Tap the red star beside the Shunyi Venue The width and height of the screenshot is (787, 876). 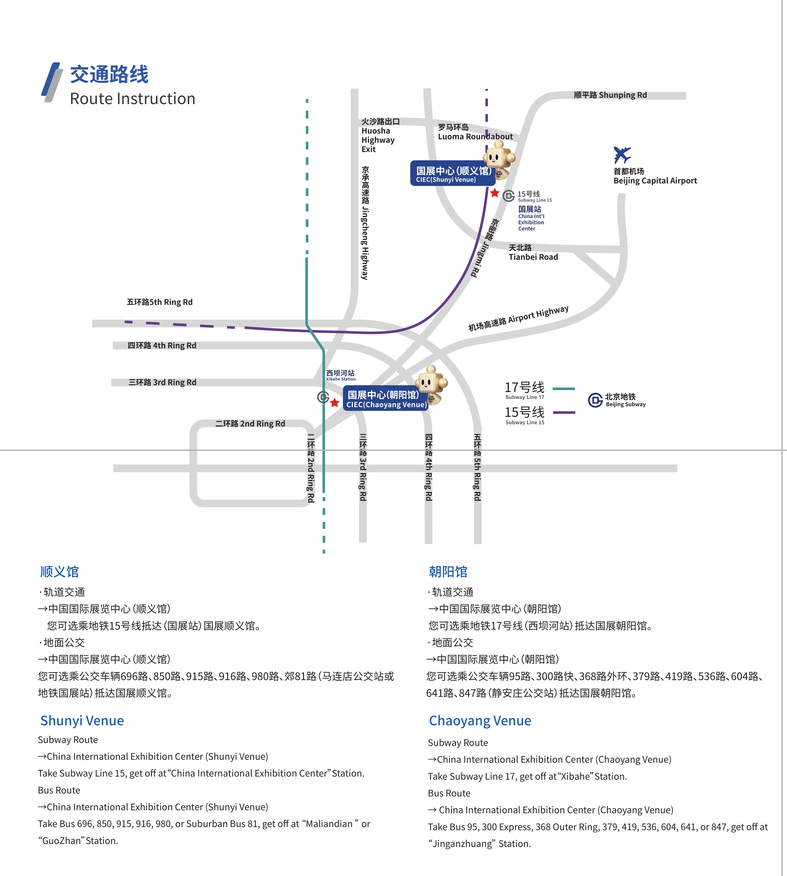pyautogui.click(x=495, y=193)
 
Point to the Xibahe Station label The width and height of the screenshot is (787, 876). pyautogui.click(x=341, y=375)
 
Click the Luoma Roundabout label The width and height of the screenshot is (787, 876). pyautogui.click(x=475, y=132)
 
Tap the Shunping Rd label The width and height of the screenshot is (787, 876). pyautogui.click(x=610, y=95)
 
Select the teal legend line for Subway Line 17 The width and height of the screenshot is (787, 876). pyautogui.click(x=564, y=388)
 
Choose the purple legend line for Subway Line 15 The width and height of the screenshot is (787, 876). pyautogui.click(x=564, y=412)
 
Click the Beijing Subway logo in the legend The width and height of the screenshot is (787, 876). pyautogui.click(x=595, y=400)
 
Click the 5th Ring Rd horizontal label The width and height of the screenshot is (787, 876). pyautogui.click(x=160, y=302)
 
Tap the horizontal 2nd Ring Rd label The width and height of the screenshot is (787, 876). pyautogui.click(x=250, y=424)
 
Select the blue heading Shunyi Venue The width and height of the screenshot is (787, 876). pyautogui.click(x=82, y=720)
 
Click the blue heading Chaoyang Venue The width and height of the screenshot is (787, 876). pyautogui.click(x=480, y=720)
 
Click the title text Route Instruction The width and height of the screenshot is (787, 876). pyautogui.click(x=132, y=99)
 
